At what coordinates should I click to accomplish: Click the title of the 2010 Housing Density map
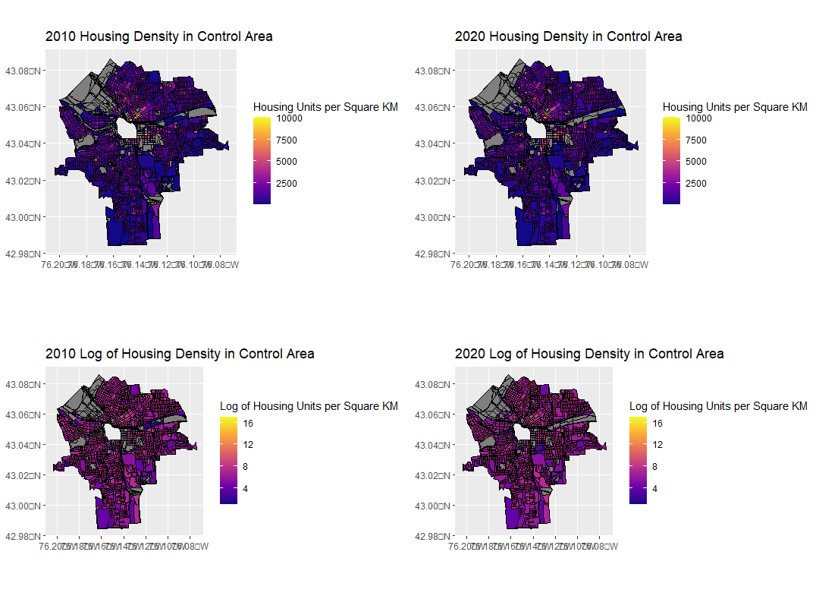click(x=158, y=36)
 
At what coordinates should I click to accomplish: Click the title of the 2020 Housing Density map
click(x=568, y=36)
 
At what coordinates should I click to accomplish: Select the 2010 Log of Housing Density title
click(x=180, y=354)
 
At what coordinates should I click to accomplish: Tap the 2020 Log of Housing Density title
click(x=589, y=354)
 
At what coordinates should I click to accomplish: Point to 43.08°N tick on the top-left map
click(x=24, y=71)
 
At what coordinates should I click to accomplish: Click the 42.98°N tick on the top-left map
click(x=24, y=254)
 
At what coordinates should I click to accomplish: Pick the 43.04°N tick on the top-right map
click(x=433, y=143)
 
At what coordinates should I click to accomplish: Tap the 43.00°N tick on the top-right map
click(x=433, y=217)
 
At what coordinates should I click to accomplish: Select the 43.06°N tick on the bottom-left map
click(x=24, y=415)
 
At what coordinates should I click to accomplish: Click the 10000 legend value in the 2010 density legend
click(x=292, y=118)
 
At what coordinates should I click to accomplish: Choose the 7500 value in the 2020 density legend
click(x=698, y=140)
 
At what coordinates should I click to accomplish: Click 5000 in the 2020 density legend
click(x=698, y=161)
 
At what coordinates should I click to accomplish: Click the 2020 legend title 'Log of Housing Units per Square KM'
click(x=718, y=406)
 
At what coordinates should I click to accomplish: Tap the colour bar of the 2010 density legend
click(x=262, y=161)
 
